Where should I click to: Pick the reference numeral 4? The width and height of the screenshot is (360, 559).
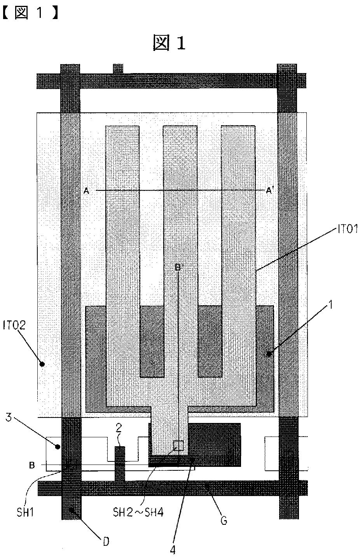pyautogui.click(x=173, y=550)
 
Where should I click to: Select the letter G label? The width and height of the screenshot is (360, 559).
pyautogui.click(x=224, y=520)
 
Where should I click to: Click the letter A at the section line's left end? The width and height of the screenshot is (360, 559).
pyautogui.click(x=86, y=190)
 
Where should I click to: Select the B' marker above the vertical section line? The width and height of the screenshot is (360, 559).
pyautogui.click(x=178, y=267)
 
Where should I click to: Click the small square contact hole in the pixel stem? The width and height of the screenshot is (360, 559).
pyautogui.click(x=178, y=446)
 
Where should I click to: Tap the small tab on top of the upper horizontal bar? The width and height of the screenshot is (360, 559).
pyautogui.click(x=118, y=69)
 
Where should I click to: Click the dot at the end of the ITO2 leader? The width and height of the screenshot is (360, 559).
pyautogui.click(x=42, y=364)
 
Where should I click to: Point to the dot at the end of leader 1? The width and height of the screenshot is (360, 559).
pyautogui.click(x=269, y=354)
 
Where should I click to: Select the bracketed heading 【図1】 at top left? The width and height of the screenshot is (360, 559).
pyautogui.click(x=30, y=13)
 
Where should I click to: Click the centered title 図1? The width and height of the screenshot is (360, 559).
pyautogui.click(x=169, y=43)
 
